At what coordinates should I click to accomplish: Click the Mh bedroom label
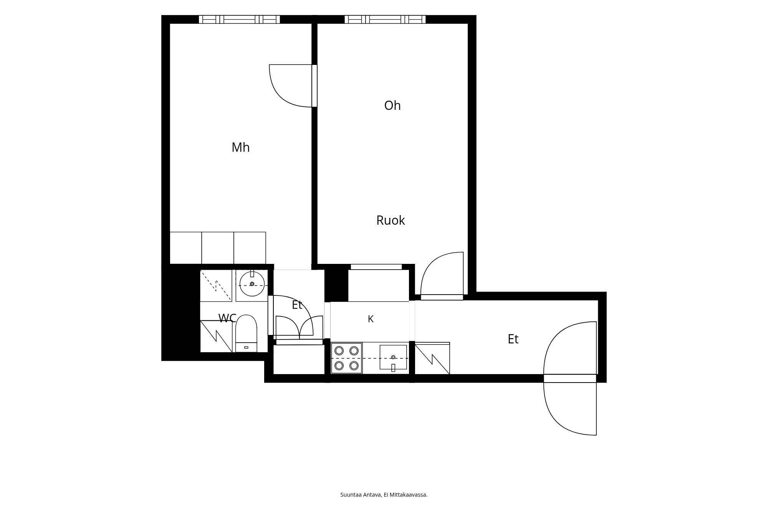pos(241,147)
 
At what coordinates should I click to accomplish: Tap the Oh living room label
pos(392,106)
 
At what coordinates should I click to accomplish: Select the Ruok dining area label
pos(391,220)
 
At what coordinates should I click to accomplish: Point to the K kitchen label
pos(371,319)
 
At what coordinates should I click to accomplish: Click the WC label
pos(227,318)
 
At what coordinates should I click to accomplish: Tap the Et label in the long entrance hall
pos(513,339)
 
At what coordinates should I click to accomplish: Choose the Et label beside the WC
pos(297,305)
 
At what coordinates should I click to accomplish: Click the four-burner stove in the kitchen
pos(346,358)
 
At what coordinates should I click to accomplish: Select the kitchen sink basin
pos(393,357)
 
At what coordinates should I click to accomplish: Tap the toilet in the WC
pos(246,333)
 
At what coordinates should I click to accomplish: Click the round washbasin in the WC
pos(252,284)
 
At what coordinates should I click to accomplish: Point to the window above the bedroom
pos(239,19)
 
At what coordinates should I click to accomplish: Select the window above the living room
pos(385,19)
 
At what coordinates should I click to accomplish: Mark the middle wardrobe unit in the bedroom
pos(218,248)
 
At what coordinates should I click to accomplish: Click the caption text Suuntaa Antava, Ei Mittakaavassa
pos(384,495)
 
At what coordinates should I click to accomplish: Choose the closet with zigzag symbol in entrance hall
pos(432,358)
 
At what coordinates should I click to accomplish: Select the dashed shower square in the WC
pos(216,285)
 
